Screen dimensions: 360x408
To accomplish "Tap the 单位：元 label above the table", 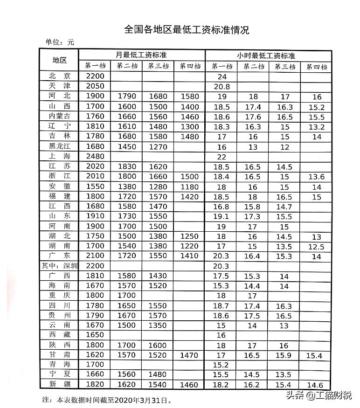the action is click(x=60, y=42).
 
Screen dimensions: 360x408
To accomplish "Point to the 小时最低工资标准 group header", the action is click(x=266, y=55).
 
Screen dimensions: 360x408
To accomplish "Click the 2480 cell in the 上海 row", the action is click(x=95, y=156).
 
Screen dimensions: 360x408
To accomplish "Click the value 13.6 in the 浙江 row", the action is click(x=317, y=177).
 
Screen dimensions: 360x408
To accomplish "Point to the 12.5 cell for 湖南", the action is click(x=317, y=247).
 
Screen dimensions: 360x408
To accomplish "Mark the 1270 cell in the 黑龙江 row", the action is click(x=158, y=146).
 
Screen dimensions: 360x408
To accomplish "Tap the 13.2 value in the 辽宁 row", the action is click(x=317, y=126).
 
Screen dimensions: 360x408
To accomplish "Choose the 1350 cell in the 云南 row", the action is click(x=158, y=325).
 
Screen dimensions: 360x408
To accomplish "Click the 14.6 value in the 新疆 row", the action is click(x=317, y=385).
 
